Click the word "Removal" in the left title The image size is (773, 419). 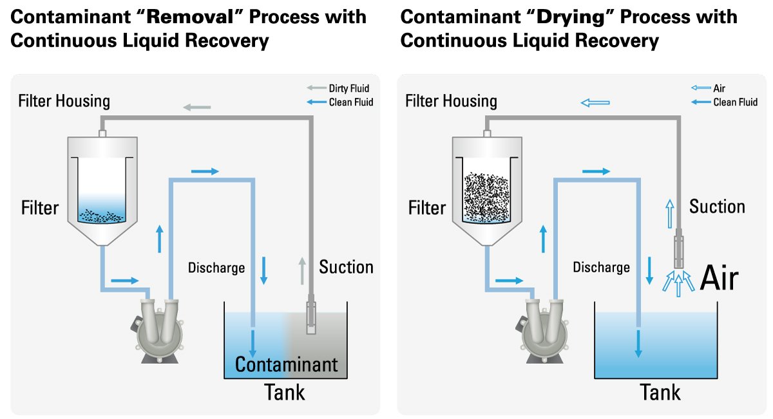click(x=185, y=16)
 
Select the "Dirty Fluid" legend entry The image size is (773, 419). click(x=348, y=89)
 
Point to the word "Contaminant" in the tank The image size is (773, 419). click(x=286, y=365)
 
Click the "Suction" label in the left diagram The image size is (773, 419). click(x=346, y=266)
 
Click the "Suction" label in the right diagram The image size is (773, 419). click(x=717, y=207)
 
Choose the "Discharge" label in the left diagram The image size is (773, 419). click(x=216, y=267)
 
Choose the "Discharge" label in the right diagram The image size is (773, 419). click(x=601, y=267)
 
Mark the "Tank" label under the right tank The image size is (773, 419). click(x=660, y=392)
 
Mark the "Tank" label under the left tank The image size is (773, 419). click(x=285, y=392)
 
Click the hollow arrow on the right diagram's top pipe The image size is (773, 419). click(x=595, y=102)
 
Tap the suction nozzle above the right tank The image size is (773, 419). click(x=678, y=252)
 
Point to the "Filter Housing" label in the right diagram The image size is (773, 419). click(x=451, y=101)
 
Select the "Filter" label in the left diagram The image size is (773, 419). click(x=40, y=208)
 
